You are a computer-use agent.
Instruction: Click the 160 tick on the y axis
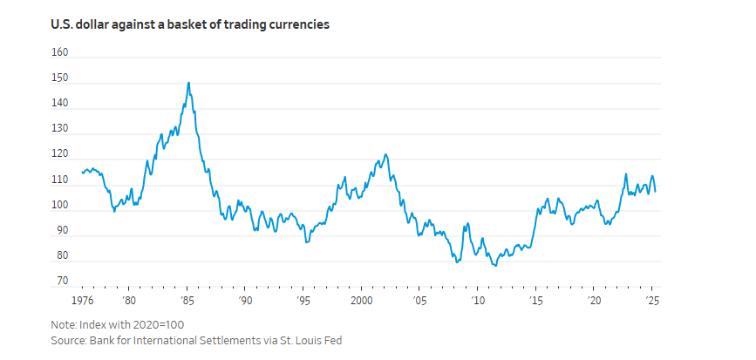[59, 52]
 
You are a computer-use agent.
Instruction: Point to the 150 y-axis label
[59, 78]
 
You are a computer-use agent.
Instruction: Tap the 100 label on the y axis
[59, 206]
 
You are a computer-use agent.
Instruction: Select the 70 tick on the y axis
[61, 282]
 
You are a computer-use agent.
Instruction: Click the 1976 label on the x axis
[82, 300]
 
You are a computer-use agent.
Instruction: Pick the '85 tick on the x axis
[187, 300]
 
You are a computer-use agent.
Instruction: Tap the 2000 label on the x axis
[361, 300]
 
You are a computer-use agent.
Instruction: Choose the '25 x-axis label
[652, 300]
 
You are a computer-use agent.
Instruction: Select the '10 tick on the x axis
[478, 300]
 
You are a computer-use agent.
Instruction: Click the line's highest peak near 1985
[188, 83]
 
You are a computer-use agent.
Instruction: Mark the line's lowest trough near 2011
[495, 265]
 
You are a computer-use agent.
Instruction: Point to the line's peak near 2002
[385, 155]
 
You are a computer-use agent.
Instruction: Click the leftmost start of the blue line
[82, 172]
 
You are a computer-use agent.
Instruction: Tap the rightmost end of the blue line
[655, 191]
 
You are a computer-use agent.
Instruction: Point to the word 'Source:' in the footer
[71, 339]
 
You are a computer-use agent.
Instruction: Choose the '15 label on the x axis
[536, 300]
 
